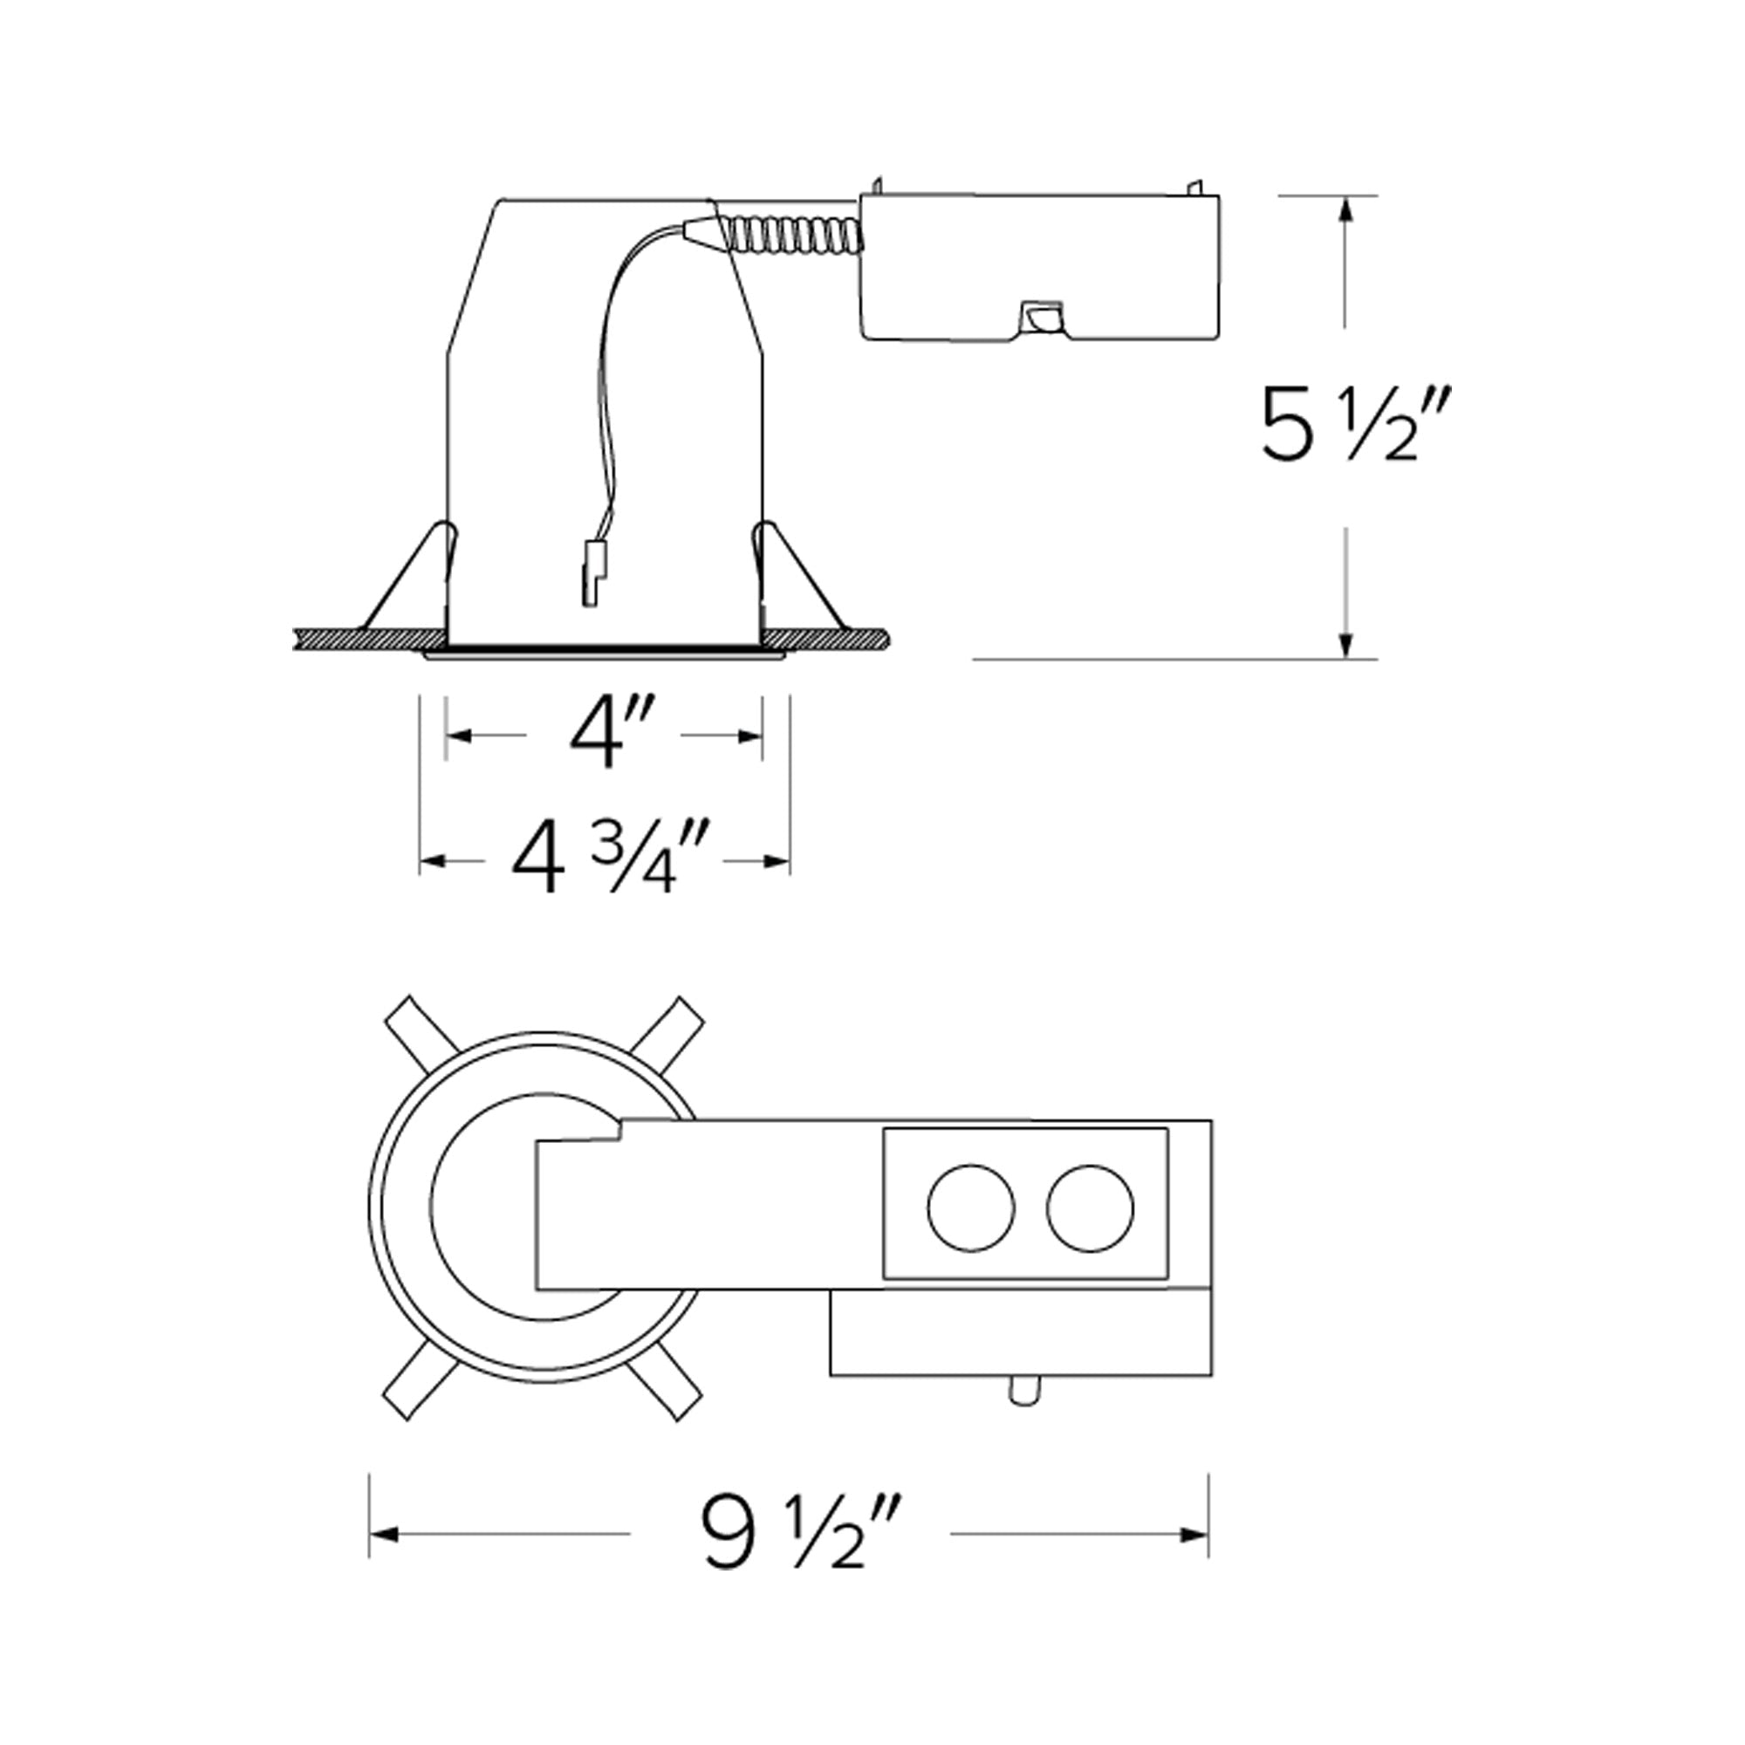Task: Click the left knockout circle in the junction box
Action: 971,1208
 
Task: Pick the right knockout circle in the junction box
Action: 1090,1208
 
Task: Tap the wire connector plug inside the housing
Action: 592,573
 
